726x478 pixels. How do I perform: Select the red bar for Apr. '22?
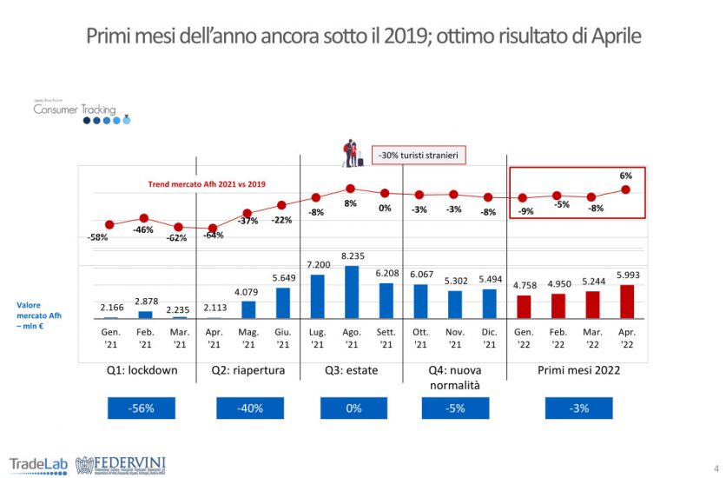point(626,302)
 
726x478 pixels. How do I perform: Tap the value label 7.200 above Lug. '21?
point(316,264)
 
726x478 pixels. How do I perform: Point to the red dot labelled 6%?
point(626,189)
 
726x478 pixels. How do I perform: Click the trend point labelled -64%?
point(213,227)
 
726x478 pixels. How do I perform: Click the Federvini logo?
point(122,464)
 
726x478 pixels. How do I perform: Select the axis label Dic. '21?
point(488,339)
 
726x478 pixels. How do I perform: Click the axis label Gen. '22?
point(523,339)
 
